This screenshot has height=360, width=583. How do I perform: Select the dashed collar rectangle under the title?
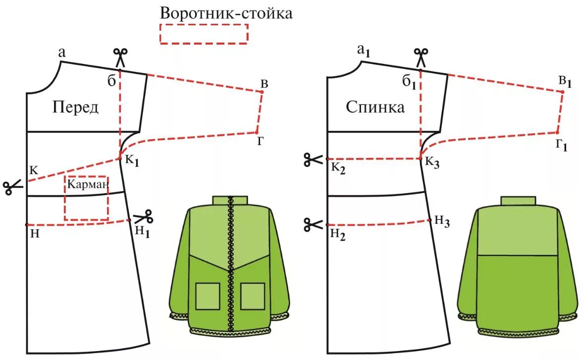[204, 34]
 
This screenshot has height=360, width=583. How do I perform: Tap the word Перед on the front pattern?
[75, 107]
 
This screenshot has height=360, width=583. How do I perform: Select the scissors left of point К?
[13, 187]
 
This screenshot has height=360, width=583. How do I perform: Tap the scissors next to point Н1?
[144, 216]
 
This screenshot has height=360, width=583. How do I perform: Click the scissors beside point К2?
[313, 159]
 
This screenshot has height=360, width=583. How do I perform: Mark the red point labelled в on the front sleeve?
[262, 92]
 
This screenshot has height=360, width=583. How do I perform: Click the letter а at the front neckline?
[62, 52]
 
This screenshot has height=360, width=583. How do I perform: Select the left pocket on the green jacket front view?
[208, 296]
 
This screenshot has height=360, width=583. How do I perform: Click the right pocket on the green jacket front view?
[253, 296]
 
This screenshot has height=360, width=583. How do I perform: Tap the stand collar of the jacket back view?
[518, 201]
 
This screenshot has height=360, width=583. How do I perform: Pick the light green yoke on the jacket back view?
[518, 230]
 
